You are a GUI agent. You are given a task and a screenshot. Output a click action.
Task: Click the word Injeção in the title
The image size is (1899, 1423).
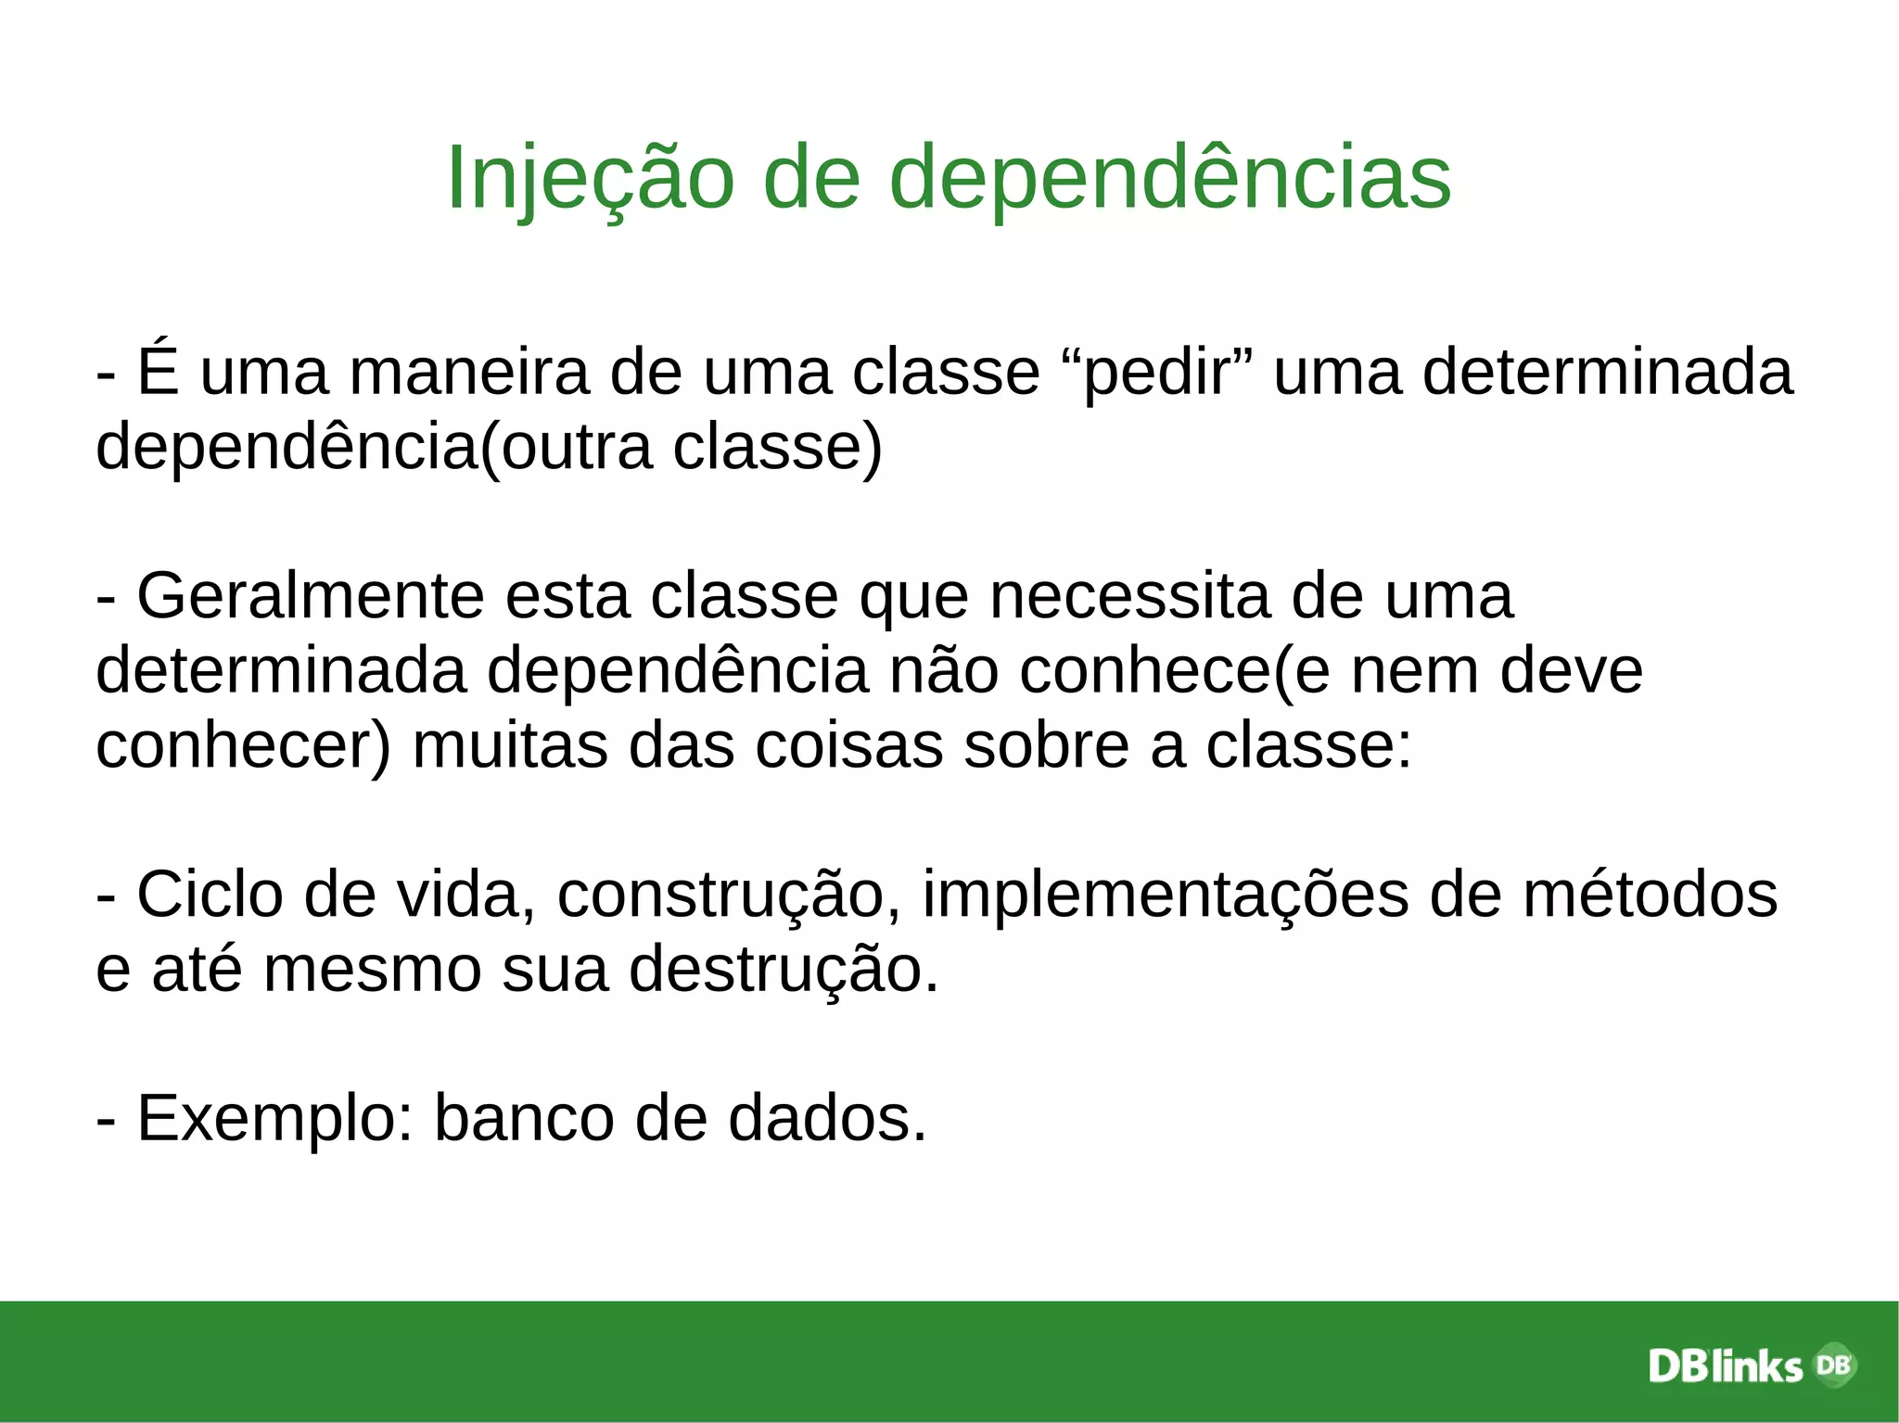(590, 178)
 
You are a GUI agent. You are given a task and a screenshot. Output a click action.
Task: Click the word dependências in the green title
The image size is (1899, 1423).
(1170, 178)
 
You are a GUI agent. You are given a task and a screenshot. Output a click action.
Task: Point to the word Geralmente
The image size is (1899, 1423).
(311, 596)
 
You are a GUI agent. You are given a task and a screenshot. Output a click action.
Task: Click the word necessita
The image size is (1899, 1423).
(1129, 596)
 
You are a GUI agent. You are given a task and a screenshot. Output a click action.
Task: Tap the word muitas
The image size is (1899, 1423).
(510, 745)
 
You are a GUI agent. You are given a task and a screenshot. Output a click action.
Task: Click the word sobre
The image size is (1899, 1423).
(1046, 745)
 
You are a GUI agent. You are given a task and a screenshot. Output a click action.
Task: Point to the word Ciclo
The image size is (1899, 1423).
(210, 896)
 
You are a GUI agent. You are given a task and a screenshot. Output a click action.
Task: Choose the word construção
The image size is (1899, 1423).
(720, 896)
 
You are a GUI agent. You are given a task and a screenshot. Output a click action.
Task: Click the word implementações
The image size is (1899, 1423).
(1165, 896)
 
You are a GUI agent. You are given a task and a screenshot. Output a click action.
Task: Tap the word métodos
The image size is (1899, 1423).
(1650, 896)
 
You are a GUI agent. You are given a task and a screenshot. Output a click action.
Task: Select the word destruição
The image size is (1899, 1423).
(784, 970)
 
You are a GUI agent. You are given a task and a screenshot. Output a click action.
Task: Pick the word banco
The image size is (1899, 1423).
(524, 1119)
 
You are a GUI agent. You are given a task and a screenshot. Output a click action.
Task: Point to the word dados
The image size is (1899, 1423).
(826, 1119)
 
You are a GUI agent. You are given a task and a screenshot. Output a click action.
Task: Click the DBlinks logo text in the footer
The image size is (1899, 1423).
(1725, 1366)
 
